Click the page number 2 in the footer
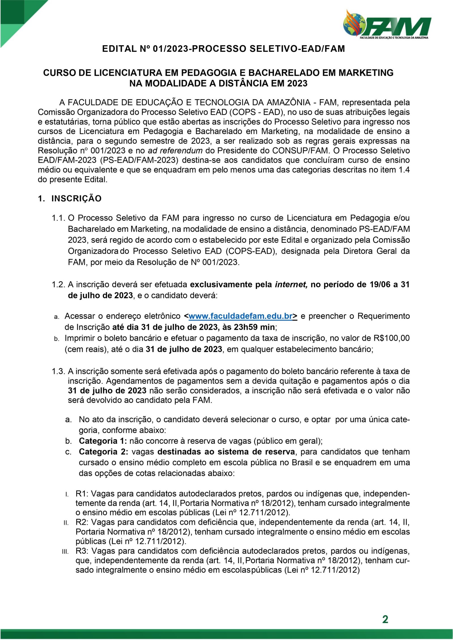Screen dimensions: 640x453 (x=385, y=619)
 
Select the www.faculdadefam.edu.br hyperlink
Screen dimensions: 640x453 (x=240, y=316)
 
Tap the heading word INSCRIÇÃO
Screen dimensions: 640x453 (x=76, y=199)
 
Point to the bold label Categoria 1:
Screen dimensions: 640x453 (x=103, y=441)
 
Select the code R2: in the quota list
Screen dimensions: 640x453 (x=82, y=522)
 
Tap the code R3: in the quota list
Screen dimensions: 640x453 (x=82, y=551)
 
